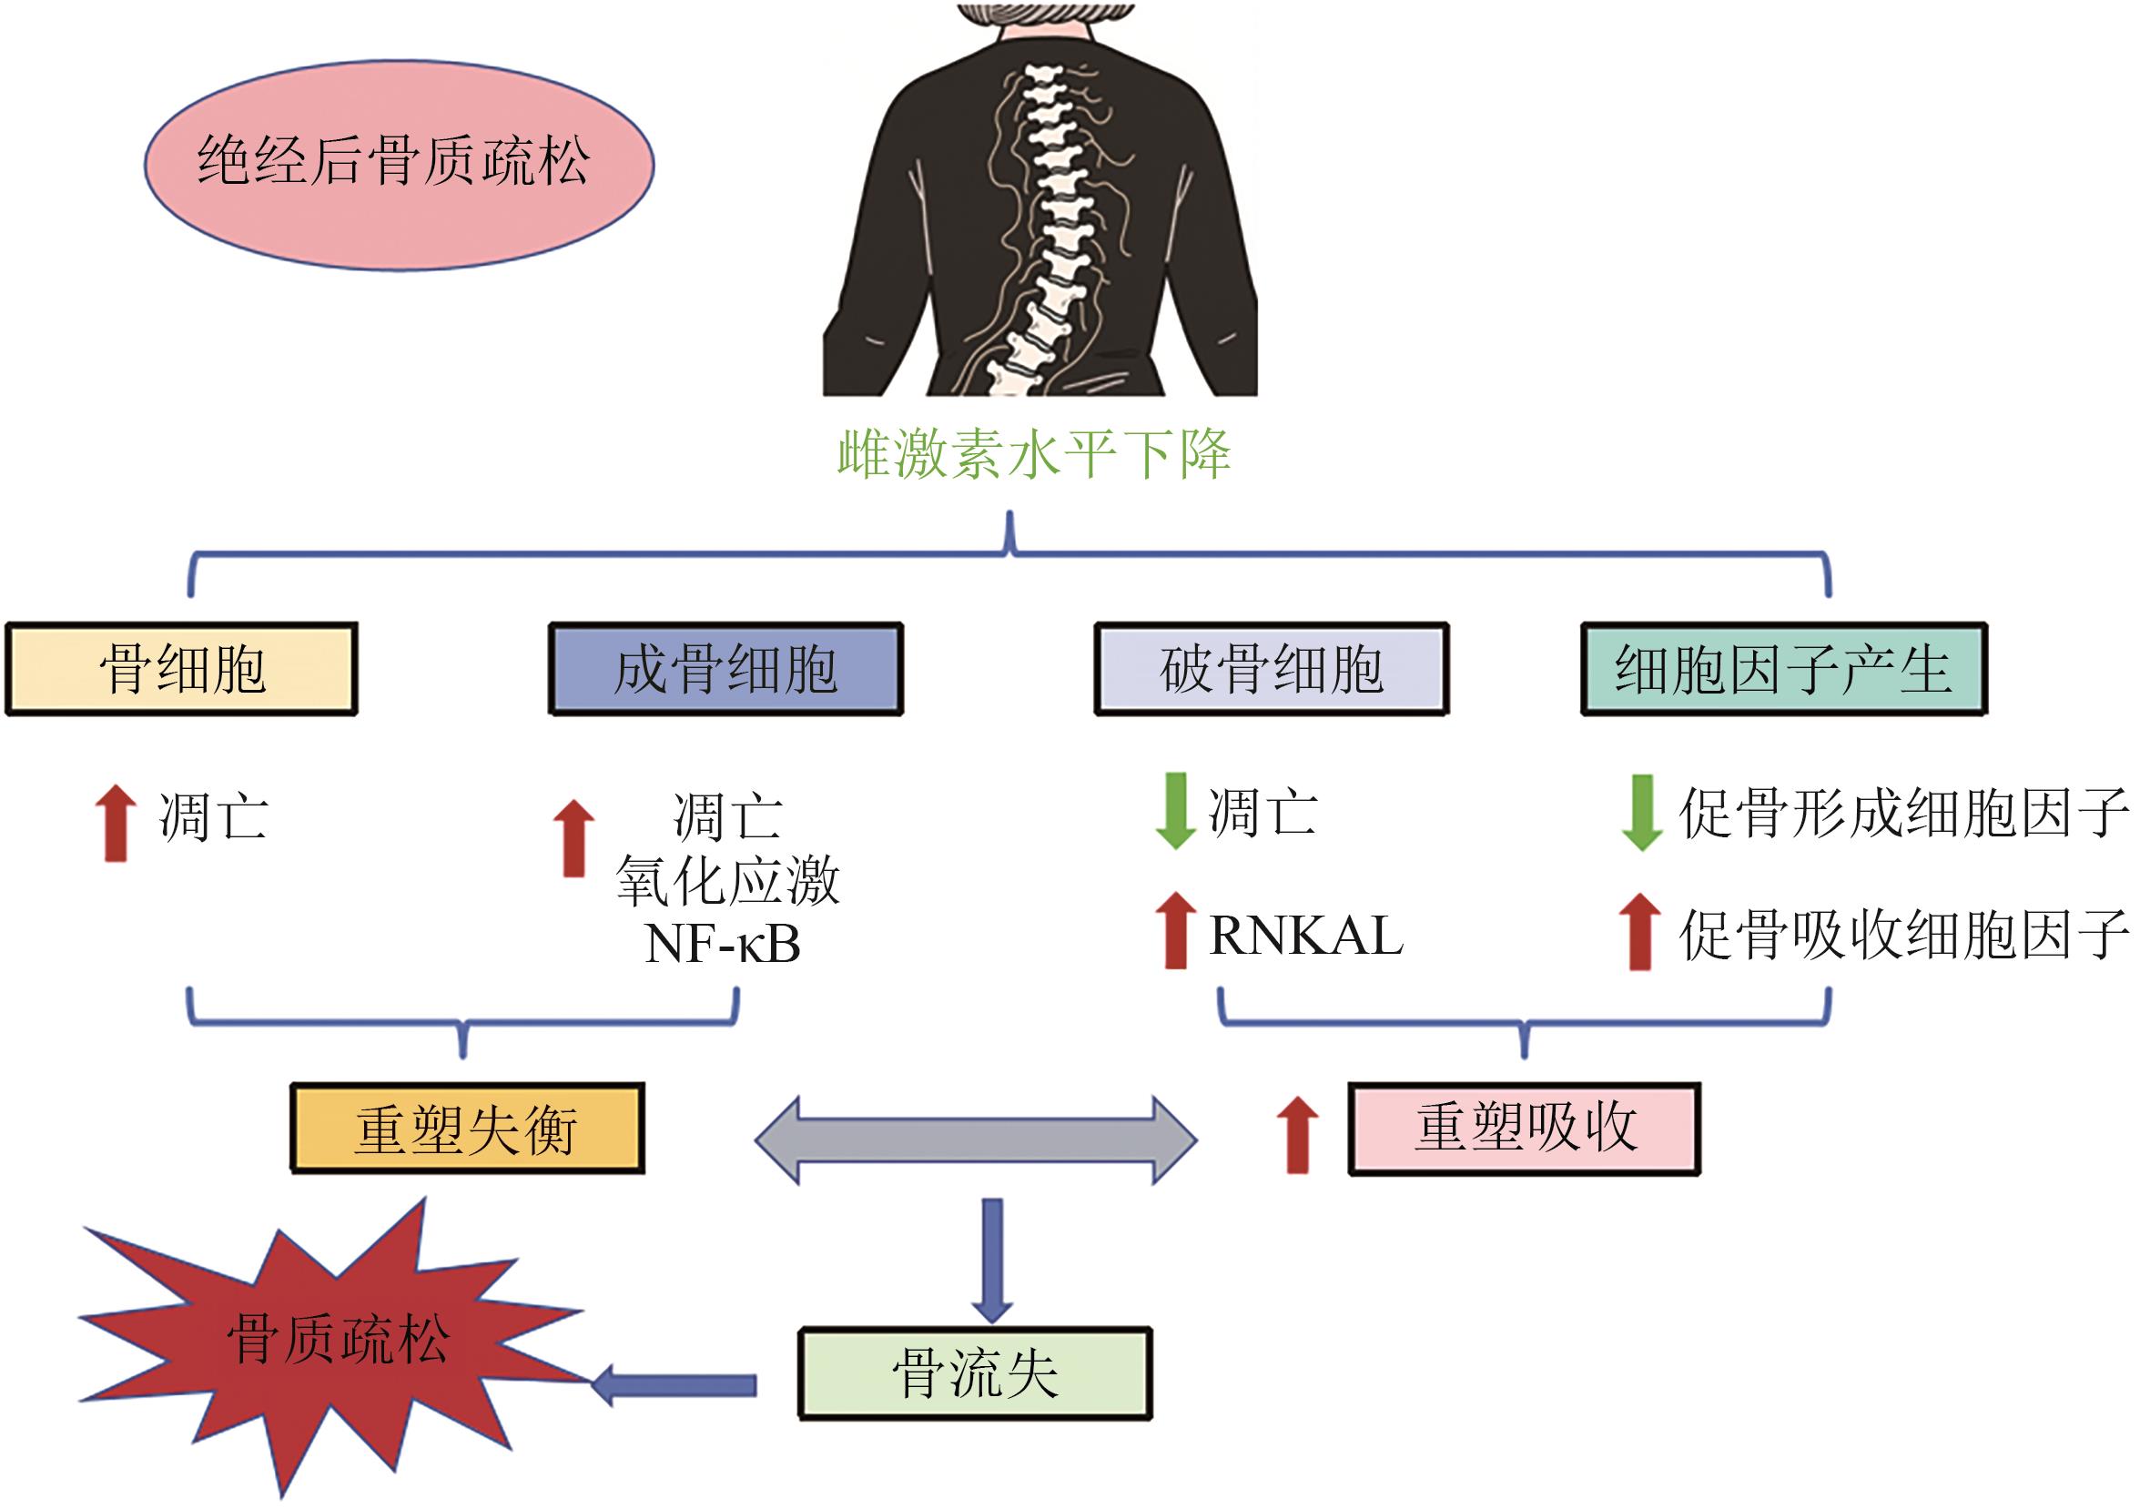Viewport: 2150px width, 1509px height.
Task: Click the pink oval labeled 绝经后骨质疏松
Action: tap(399, 165)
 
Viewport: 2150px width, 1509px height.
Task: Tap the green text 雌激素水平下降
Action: tap(1033, 455)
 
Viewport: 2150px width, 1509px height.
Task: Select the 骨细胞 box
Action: tap(182, 669)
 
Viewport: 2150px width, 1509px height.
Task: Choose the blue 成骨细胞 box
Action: tap(725, 669)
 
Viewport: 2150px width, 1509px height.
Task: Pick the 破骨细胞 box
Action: tap(1271, 669)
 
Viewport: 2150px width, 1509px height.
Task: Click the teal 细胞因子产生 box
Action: tap(1783, 669)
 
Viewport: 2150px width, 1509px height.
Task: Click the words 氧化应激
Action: tap(727, 880)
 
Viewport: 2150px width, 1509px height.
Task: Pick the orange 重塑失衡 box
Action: tap(467, 1129)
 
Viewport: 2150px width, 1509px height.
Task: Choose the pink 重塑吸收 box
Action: tap(1524, 1129)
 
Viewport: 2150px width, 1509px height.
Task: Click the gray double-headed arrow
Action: tap(976, 1140)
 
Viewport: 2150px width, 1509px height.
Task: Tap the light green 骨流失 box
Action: tap(975, 1373)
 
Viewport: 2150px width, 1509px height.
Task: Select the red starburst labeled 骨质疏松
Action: tap(337, 1339)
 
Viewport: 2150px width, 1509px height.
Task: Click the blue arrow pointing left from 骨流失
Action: tap(674, 1384)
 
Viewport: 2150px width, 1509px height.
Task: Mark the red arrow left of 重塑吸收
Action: tap(1297, 1135)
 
